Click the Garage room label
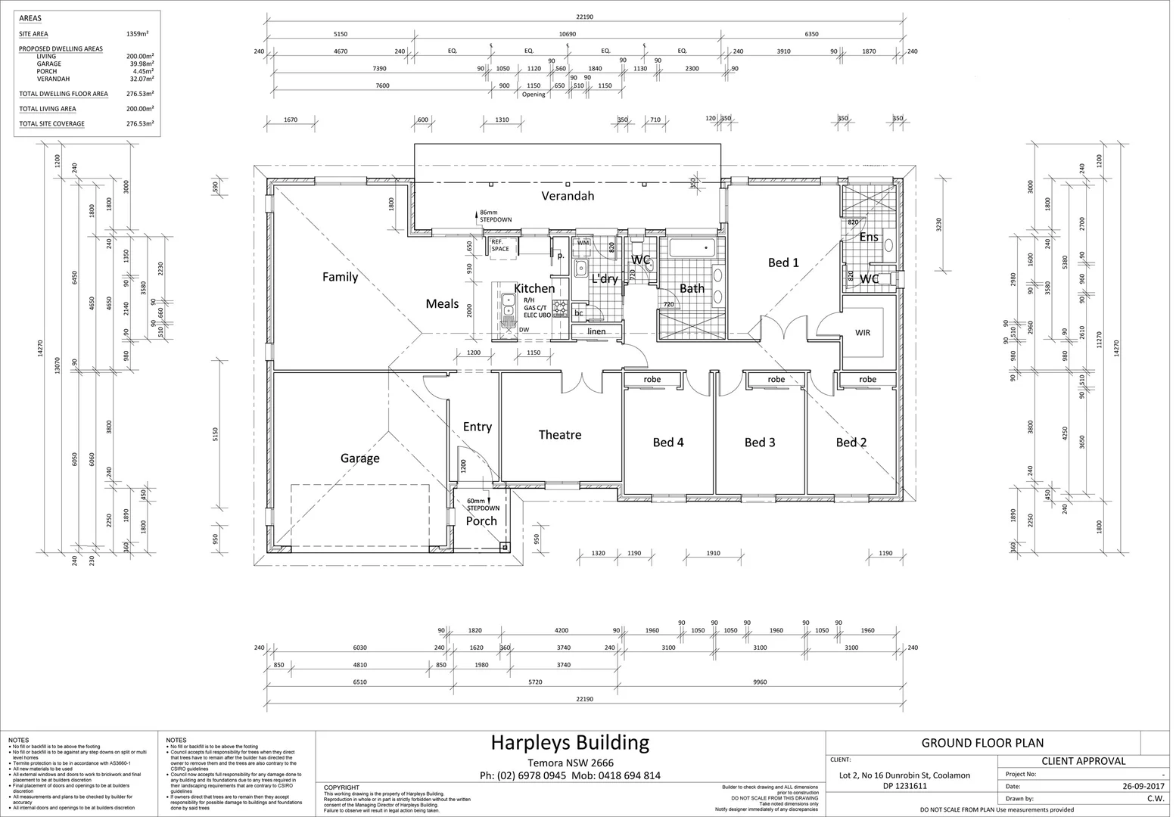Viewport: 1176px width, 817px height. (x=359, y=458)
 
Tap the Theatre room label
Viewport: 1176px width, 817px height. (x=560, y=435)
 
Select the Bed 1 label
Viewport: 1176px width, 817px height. (x=783, y=263)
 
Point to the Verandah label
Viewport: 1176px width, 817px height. (x=568, y=196)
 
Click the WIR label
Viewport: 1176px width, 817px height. (x=863, y=333)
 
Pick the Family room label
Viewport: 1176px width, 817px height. (x=340, y=277)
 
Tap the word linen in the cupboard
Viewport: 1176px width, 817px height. (x=596, y=331)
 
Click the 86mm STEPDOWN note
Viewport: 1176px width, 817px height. (x=496, y=216)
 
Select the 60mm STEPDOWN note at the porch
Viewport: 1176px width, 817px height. (x=482, y=505)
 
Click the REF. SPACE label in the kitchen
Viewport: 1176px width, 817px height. (x=500, y=246)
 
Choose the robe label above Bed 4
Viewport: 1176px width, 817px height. (x=652, y=379)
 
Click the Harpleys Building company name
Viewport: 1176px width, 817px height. (x=570, y=742)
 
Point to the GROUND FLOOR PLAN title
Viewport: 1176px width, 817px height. (x=982, y=743)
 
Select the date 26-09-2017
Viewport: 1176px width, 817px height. (x=1143, y=786)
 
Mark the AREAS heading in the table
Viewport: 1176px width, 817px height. (x=30, y=18)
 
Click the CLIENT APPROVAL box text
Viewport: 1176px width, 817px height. (x=1084, y=761)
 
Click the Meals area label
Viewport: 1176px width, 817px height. (x=442, y=304)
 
